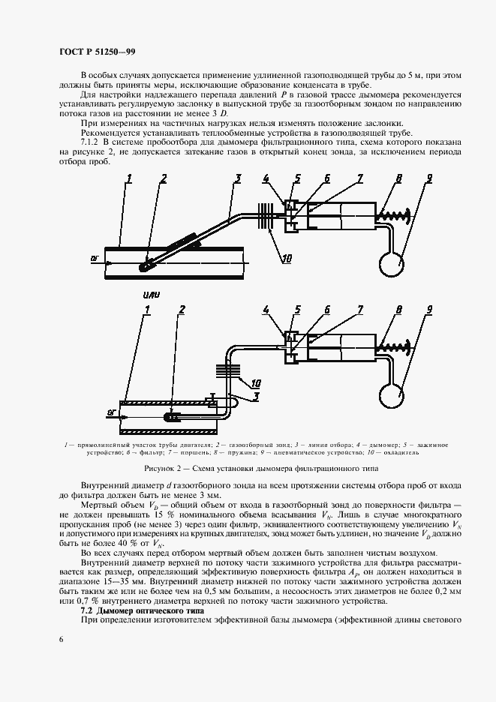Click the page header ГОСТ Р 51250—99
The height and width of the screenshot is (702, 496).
tap(97, 52)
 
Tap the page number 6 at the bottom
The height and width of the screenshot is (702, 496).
tap(61, 638)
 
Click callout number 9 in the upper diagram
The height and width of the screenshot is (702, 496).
tap(429, 178)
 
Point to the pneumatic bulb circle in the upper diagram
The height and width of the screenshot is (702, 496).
tap(391, 262)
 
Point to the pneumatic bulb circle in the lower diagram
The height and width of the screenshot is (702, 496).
tap(391, 391)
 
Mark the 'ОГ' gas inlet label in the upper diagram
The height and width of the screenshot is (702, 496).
tap(95, 257)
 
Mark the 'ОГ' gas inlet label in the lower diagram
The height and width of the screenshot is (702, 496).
tap(110, 411)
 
